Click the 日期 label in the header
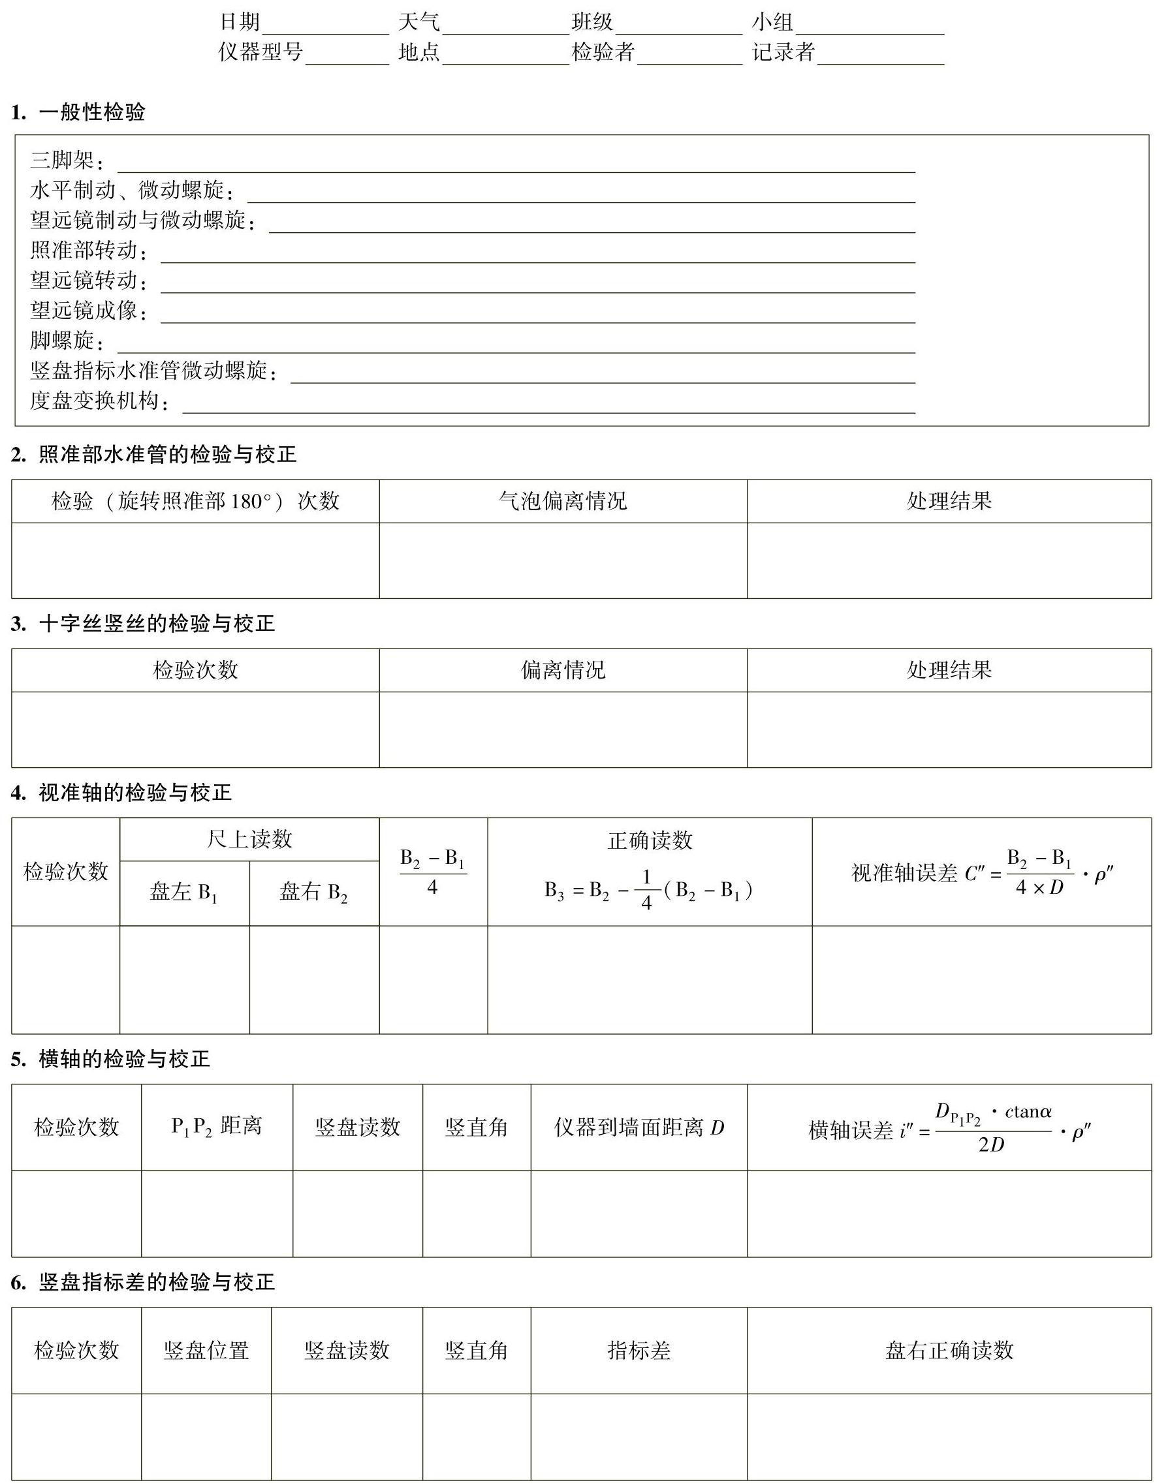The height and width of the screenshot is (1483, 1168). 240,22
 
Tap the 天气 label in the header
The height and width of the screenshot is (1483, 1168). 419,22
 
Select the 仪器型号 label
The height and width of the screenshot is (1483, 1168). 260,52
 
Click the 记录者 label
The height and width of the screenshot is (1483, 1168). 783,52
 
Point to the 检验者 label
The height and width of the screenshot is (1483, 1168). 603,52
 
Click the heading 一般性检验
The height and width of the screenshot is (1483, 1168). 91,112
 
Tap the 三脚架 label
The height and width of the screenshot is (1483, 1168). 66,161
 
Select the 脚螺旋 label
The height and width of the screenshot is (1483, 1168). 66,341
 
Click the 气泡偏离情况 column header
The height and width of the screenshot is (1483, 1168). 563,502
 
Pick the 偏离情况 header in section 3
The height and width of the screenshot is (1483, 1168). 563,671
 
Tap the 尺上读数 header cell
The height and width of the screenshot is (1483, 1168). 249,839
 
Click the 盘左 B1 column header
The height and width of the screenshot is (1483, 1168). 184,893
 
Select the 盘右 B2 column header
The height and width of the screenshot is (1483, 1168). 314,893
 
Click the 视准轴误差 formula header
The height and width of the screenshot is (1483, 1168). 982,872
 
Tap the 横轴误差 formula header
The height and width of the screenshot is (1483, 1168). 949,1129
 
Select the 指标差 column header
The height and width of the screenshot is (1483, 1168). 639,1351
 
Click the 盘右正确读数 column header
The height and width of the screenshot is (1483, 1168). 949,1351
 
